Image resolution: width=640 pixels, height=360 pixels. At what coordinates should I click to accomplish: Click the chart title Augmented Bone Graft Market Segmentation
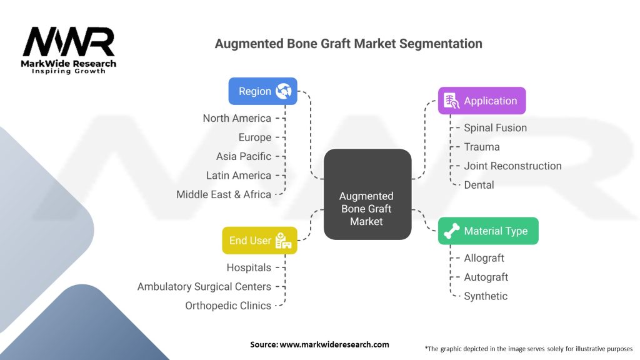pos(348,44)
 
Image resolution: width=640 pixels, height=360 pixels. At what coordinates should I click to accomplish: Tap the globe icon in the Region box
pos(284,91)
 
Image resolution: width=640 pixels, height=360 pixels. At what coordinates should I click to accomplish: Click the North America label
pos(237,118)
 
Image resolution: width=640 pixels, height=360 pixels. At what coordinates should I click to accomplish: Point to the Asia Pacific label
pos(244,156)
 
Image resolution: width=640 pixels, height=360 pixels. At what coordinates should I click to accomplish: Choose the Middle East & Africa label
pos(224,194)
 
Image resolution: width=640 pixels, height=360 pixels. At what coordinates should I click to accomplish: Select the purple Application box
pos(481,101)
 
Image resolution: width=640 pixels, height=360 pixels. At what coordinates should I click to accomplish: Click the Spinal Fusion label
pos(495,127)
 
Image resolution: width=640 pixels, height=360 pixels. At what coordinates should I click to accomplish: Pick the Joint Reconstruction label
pos(512,166)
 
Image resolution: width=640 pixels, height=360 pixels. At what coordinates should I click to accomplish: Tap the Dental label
pos(479,185)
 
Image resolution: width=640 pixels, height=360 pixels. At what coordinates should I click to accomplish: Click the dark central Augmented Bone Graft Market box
pos(367,194)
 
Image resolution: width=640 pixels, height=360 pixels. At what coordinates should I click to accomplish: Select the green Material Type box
pos(487,231)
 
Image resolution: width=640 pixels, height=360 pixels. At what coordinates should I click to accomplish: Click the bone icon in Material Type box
pos(451,231)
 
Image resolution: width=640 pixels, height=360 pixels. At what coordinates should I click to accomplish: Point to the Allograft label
pos(484,258)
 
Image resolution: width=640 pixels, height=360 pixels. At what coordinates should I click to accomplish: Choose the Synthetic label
pos(486,296)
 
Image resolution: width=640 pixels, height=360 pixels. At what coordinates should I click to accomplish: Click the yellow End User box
pos(259,241)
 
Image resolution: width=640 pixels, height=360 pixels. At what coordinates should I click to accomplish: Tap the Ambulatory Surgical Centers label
pos(204,286)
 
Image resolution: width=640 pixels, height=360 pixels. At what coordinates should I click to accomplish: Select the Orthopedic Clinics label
pos(228,306)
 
